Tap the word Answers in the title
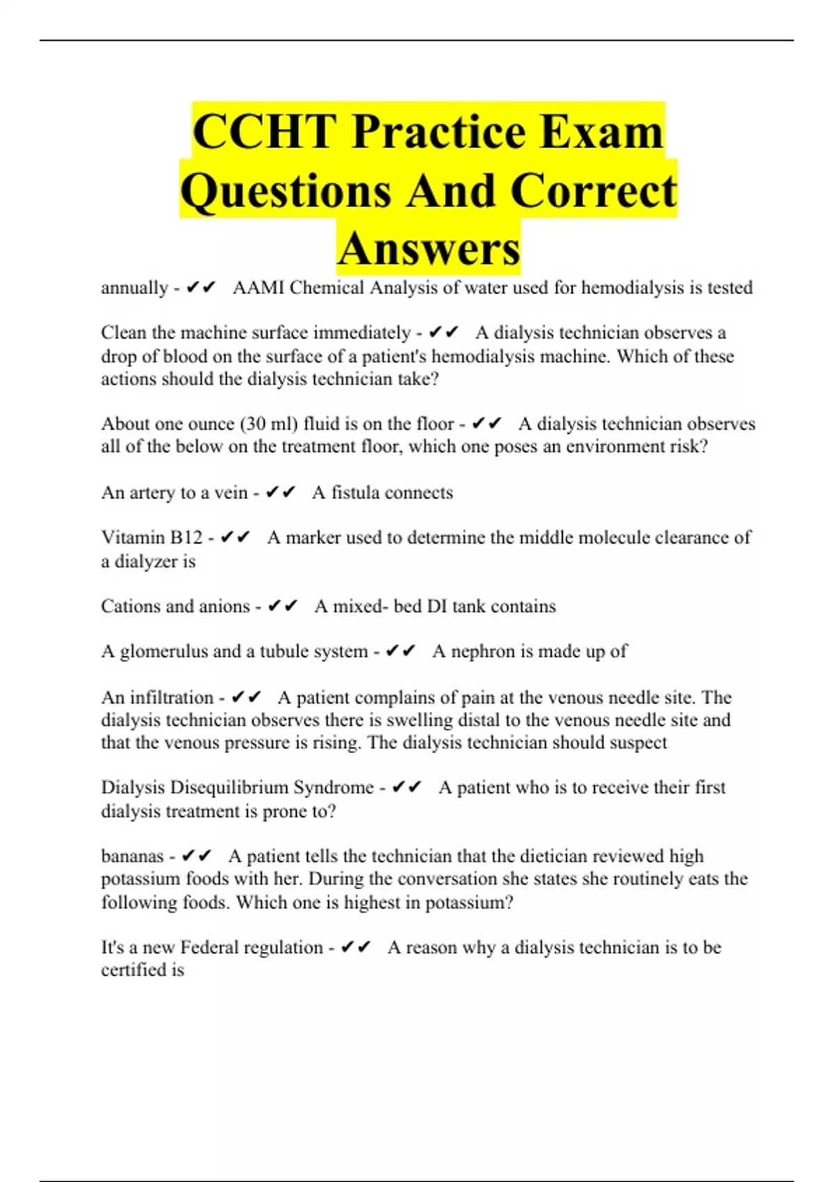pyautogui.click(x=429, y=248)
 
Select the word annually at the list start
pyautogui.click(x=134, y=288)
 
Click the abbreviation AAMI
pyautogui.click(x=258, y=288)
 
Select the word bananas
pyautogui.click(x=132, y=856)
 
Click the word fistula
pyautogui.click(x=354, y=493)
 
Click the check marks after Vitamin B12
pyautogui.click(x=235, y=537)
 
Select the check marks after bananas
pyautogui.click(x=196, y=856)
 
